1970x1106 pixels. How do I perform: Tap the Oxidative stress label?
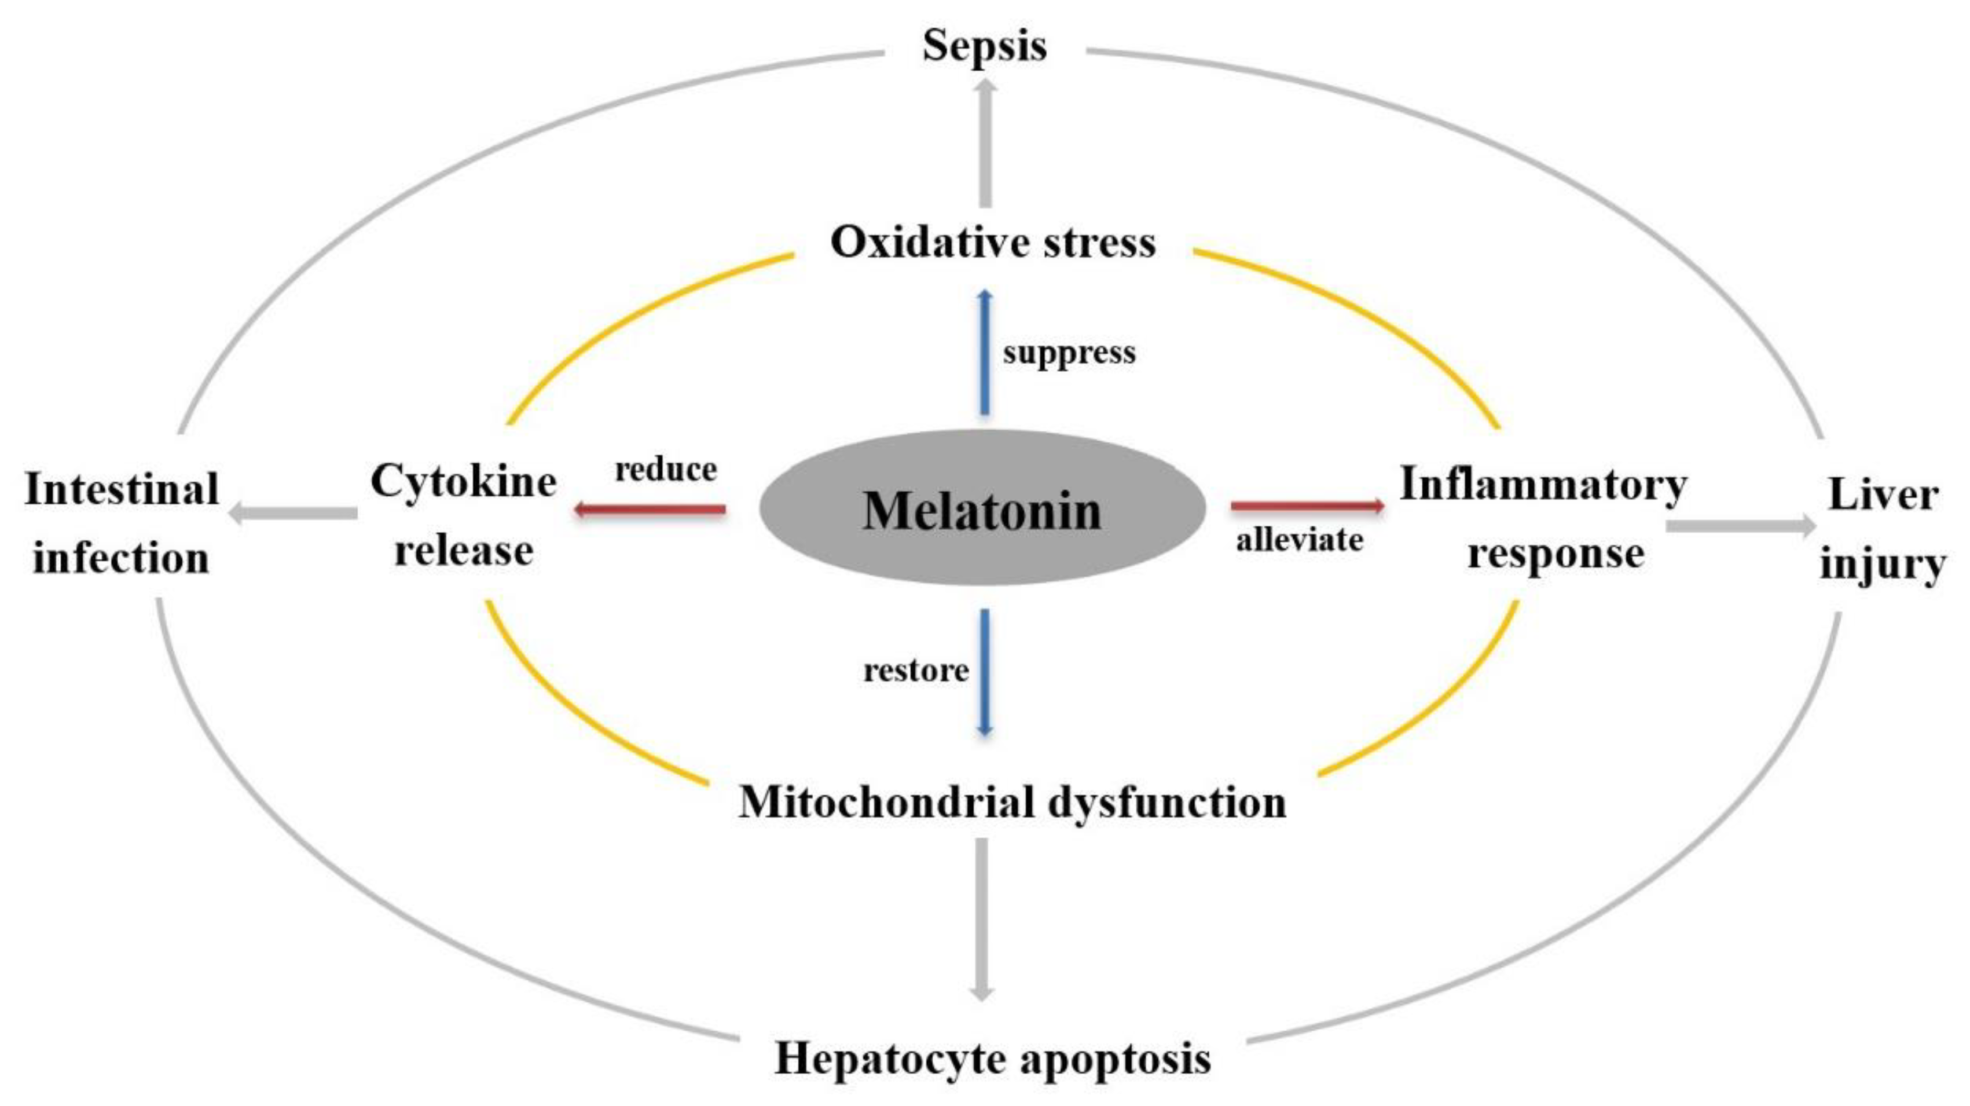tap(993, 243)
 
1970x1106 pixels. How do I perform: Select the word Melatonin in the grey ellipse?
tap(982, 510)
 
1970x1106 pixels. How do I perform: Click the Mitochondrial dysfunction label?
tap(1012, 803)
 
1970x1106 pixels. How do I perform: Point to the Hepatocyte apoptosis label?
tap(993, 1059)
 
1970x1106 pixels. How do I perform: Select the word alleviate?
tap(1299, 540)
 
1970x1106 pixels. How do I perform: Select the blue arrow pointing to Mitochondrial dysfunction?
tap(985, 672)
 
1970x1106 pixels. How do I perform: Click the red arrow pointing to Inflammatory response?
tap(1307, 506)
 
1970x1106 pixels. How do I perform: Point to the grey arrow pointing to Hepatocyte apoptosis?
tap(982, 918)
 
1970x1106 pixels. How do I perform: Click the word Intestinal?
tap(122, 489)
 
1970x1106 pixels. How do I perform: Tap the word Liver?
tap(1883, 495)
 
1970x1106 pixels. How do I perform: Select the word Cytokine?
tap(464, 482)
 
